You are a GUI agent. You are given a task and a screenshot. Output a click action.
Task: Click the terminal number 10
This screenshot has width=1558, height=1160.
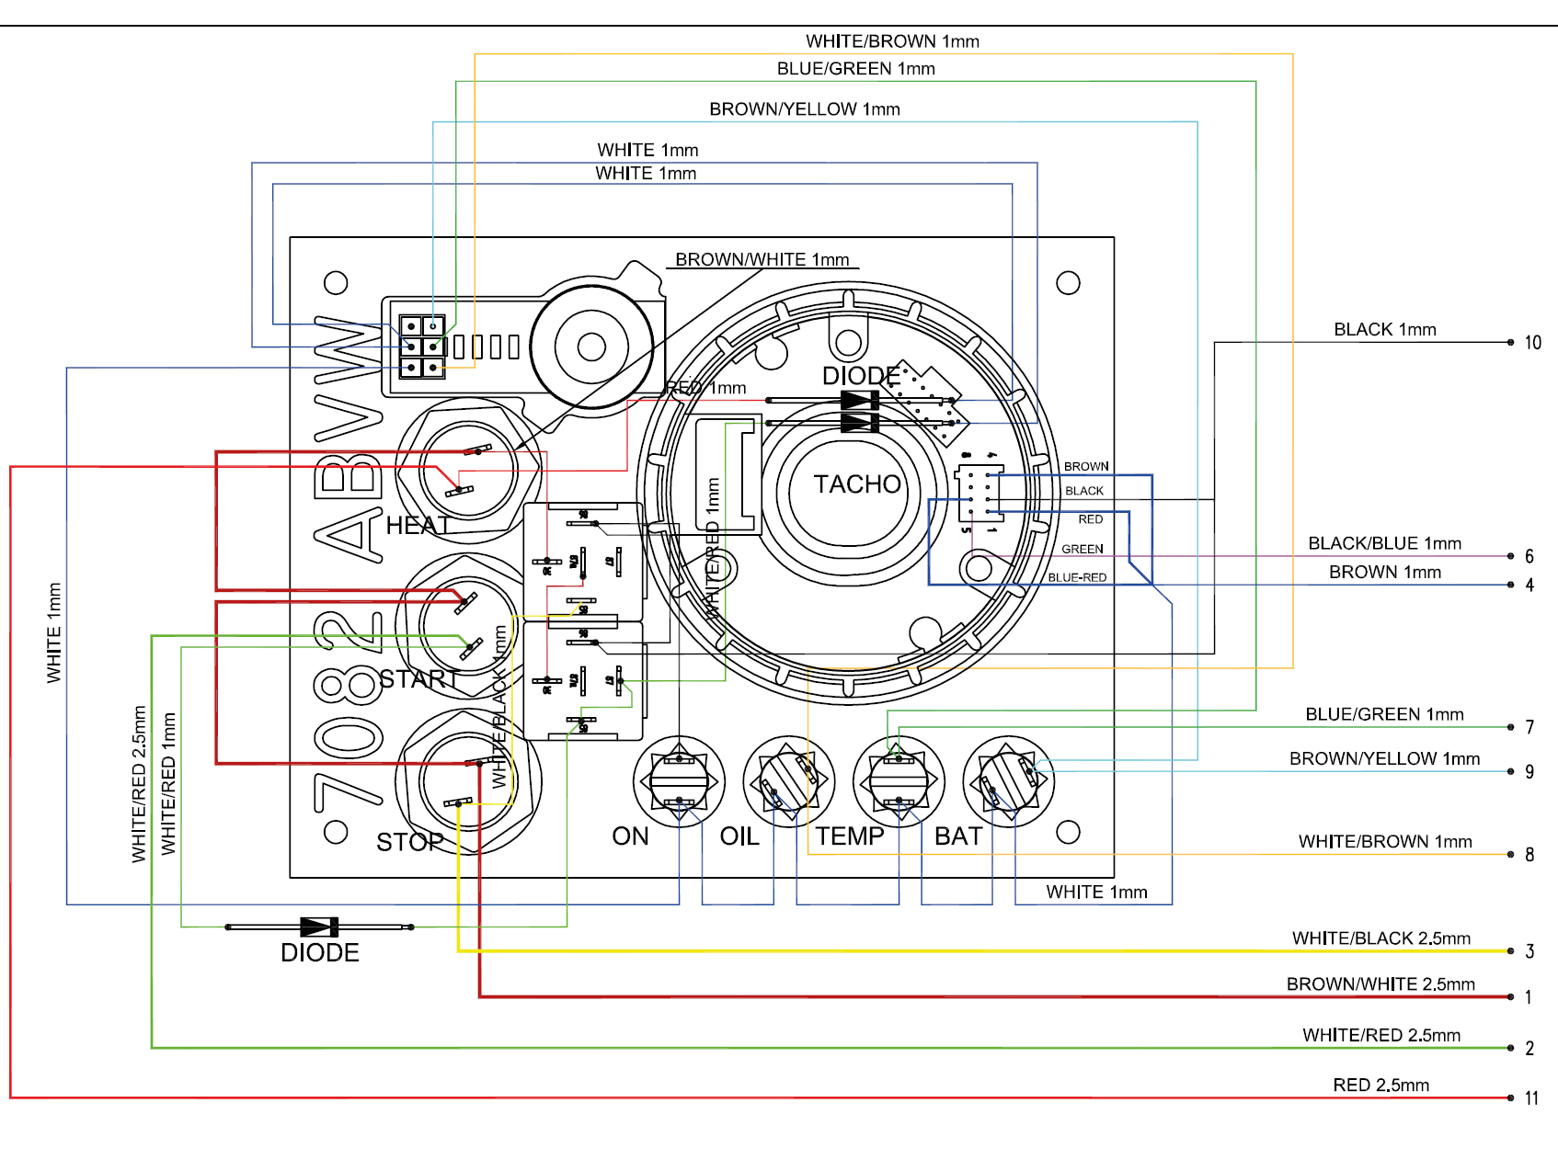pyautogui.click(x=1532, y=343)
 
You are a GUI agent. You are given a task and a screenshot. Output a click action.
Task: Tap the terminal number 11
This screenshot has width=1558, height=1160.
pyautogui.click(x=1531, y=1098)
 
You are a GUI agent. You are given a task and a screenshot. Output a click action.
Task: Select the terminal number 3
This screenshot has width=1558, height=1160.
pyautogui.click(x=1529, y=951)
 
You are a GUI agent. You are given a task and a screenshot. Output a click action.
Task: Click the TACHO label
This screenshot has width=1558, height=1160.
pyautogui.click(x=857, y=484)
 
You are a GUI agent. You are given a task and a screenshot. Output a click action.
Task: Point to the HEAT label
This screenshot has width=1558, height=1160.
pyautogui.click(x=417, y=525)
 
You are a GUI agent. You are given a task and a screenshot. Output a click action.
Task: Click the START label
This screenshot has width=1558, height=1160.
pyautogui.click(x=418, y=679)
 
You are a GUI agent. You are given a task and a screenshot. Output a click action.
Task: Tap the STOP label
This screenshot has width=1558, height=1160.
pyautogui.click(x=409, y=842)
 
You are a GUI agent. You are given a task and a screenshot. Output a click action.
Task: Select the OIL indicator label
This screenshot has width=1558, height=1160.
pyautogui.click(x=739, y=836)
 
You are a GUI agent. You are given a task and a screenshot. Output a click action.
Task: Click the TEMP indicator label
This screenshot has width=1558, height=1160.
pyautogui.click(x=849, y=836)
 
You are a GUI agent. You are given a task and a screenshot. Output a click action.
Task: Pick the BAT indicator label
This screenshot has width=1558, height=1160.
pyautogui.click(x=958, y=836)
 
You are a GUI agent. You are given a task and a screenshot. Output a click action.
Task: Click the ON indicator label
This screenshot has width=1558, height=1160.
pyautogui.click(x=630, y=836)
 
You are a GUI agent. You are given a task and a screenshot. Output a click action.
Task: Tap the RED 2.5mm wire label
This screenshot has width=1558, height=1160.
pyautogui.click(x=1380, y=1085)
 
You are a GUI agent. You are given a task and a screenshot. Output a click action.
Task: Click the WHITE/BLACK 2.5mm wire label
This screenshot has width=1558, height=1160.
pyautogui.click(x=1380, y=938)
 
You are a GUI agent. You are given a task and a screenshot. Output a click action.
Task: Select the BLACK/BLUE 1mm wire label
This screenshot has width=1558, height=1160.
pyautogui.click(x=1384, y=543)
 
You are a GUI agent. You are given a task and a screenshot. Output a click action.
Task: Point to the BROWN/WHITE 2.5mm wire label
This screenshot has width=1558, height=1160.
pyautogui.click(x=1380, y=984)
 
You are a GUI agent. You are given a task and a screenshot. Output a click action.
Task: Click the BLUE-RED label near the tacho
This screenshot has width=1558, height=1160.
pyautogui.click(x=1077, y=577)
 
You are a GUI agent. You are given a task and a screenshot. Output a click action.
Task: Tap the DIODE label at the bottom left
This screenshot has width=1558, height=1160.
pyautogui.click(x=319, y=952)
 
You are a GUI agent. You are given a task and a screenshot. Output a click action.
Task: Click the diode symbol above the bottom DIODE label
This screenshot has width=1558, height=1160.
pyautogui.click(x=319, y=927)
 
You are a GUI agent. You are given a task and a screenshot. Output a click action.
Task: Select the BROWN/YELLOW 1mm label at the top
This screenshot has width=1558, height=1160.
pyautogui.click(x=804, y=109)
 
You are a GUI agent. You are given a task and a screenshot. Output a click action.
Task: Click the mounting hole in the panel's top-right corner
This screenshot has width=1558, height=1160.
pyautogui.click(x=1068, y=283)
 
